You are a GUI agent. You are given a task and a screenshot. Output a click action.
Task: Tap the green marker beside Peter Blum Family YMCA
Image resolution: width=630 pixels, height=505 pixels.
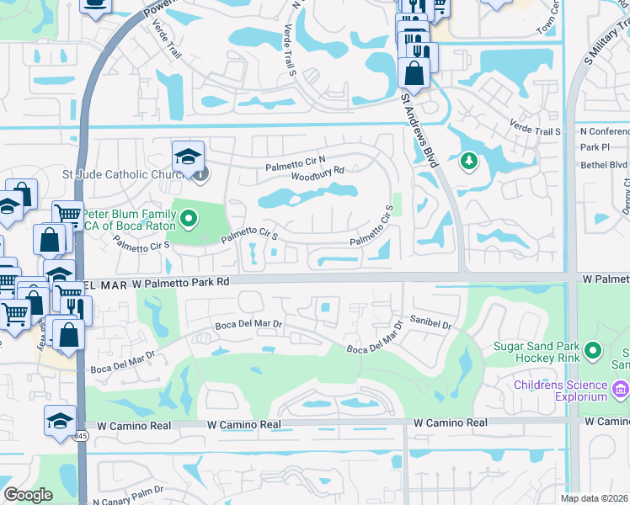(189, 221)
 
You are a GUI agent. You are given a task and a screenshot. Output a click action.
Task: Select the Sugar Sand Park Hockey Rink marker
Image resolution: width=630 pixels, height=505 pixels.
(594, 350)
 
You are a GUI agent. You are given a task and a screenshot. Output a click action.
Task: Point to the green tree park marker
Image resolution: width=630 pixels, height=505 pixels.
(468, 160)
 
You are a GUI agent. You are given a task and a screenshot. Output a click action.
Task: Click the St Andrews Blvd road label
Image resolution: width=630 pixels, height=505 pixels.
(420, 131)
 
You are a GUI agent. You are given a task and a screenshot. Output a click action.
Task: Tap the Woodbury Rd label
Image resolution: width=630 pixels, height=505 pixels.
(318, 173)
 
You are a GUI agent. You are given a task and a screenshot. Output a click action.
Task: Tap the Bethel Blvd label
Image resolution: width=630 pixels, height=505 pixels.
(604, 165)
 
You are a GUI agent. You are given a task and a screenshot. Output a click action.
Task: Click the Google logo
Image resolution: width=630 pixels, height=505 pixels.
(29, 495)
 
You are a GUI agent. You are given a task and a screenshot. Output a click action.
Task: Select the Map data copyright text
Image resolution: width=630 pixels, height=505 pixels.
(595, 498)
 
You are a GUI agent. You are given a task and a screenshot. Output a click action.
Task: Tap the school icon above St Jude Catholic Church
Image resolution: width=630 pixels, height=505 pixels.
(188, 156)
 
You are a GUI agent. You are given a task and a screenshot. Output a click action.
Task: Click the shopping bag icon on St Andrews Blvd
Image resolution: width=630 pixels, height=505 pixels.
(414, 72)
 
